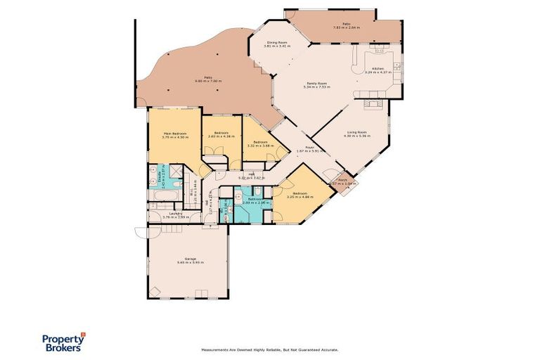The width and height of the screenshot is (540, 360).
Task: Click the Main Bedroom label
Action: (174, 132)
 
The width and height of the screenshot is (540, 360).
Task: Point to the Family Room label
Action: (316, 83)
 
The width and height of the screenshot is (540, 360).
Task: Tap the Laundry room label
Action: (172, 213)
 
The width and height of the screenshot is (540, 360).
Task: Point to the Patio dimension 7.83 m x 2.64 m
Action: (346, 28)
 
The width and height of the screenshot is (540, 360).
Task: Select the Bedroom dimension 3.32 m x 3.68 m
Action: (260, 146)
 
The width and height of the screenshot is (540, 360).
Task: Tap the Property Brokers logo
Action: (61, 342)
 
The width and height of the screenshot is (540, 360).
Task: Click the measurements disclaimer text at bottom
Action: (269, 349)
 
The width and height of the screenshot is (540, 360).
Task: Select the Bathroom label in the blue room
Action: (254, 199)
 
